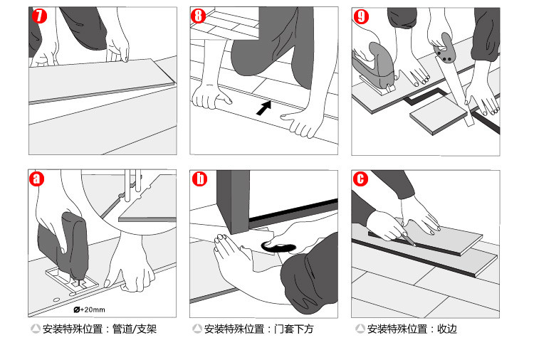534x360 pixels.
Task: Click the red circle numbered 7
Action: (39, 16)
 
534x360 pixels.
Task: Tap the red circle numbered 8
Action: (198, 16)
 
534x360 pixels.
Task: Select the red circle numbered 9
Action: (361, 16)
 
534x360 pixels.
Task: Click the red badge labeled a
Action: (37, 179)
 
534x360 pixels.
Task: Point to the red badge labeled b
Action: (199, 179)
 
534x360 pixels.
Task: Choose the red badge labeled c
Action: (361, 179)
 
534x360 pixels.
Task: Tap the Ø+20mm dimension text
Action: (89, 309)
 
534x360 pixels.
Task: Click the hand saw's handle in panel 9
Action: (444, 48)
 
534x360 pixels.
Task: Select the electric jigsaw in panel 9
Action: (374, 68)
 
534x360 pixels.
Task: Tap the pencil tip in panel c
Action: (414, 244)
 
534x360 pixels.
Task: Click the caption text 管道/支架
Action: (135, 329)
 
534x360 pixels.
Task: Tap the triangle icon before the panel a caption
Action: (36, 329)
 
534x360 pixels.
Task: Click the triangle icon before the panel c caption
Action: (360, 329)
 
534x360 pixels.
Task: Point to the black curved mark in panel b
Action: (278, 248)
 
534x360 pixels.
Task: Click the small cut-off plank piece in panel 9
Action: (439, 117)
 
